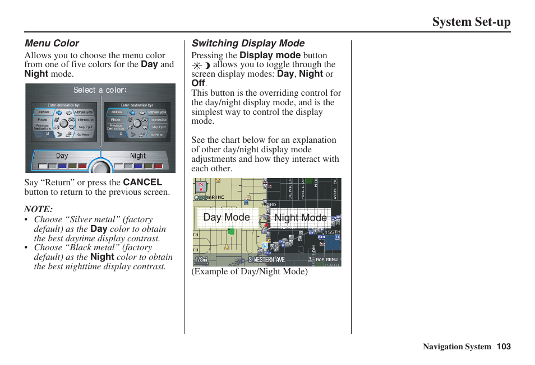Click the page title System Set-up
click(x=471, y=22)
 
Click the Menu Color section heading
click(x=52, y=43)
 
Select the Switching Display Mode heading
click(x=248, y=43)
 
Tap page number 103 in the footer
click(x=504, y=347)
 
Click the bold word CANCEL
click(x=142, y=182)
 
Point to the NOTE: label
click(x=39, y=209)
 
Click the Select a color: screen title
click(x=100, y=90)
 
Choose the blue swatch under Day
click(x=62, y=166)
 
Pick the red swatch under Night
click(x=159, y=166)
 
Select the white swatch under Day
click(x=42, y=166)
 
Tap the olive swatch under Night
click(x=149, y=166)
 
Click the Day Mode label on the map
click(x=227, y=217)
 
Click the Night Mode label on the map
click(x=301, y=218)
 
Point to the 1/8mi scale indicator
click(x=201, y=260)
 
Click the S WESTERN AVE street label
click(x=267, y=260)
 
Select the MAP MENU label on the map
click(x=326, y=259)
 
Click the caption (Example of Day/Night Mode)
click(x=250, y=272)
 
